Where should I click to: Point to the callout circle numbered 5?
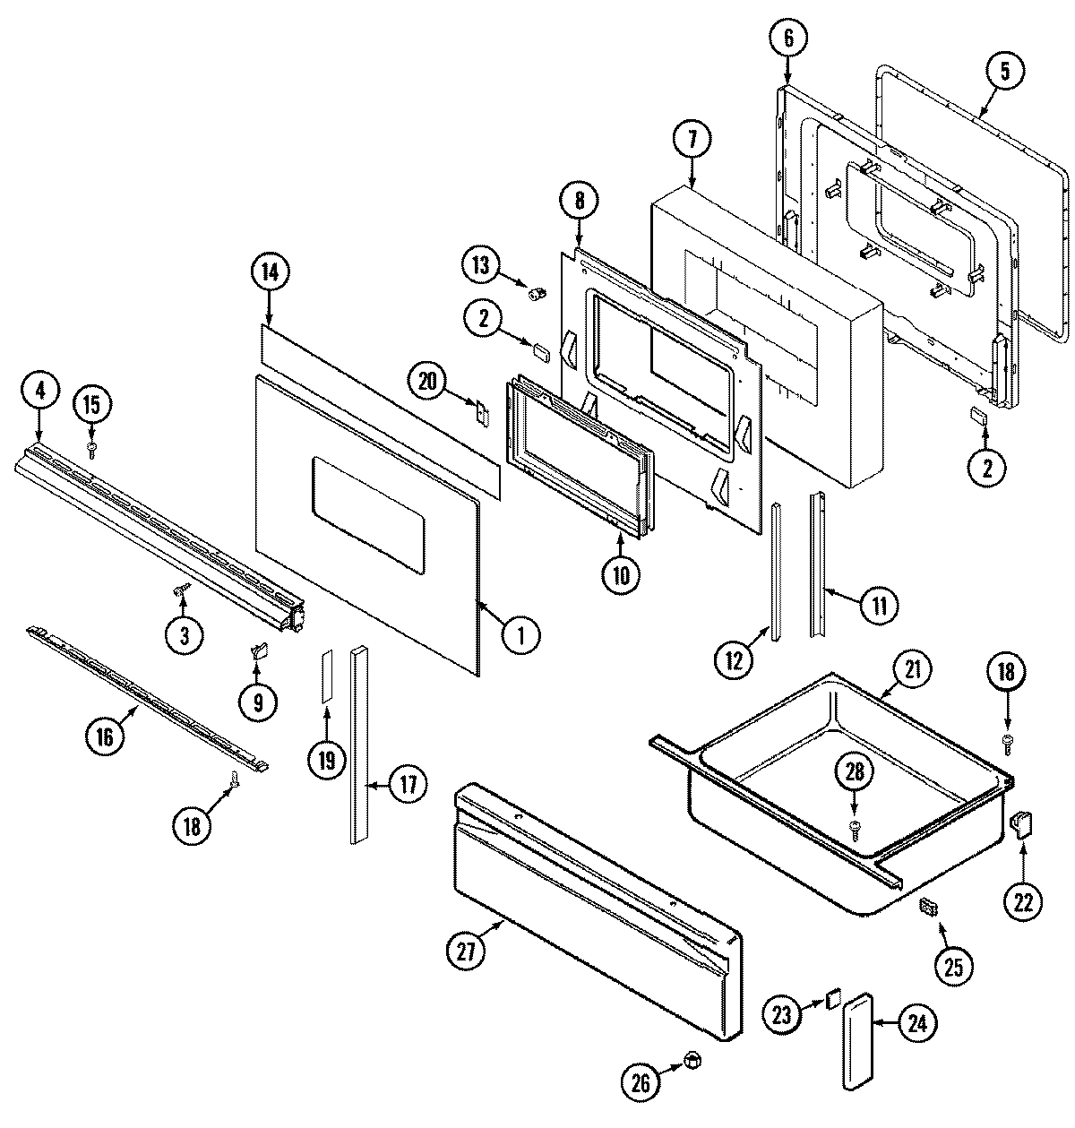(1004, 71)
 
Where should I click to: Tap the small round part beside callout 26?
(691, 1061)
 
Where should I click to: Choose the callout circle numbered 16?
(104, 736)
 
